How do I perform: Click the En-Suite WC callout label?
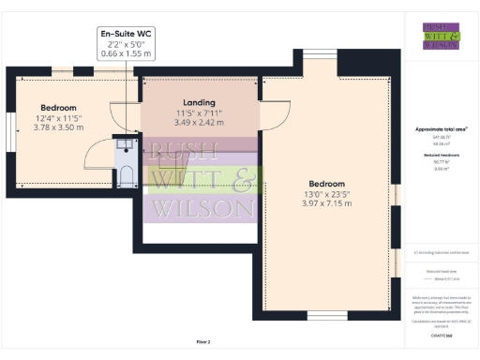click(x=127, y=35)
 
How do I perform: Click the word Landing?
click(x=199, y=102)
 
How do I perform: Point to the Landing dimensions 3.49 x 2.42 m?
click(x=199, y=121)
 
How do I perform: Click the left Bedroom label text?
click(x=58, y=108)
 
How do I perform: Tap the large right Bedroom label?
click(x=327, y=184)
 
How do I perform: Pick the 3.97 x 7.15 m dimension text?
click(x=327, y=202)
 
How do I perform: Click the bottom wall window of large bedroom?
click(x=326, y=314)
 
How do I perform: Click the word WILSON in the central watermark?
click(x=205, y=208)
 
